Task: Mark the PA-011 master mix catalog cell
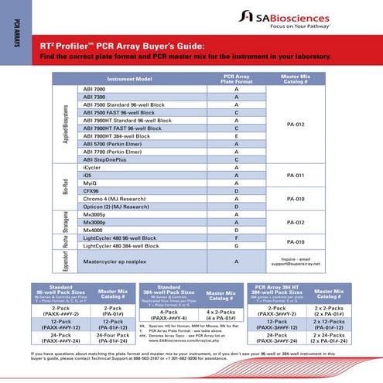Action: pos(296,175)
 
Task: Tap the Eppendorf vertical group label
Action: pos(67,263)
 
